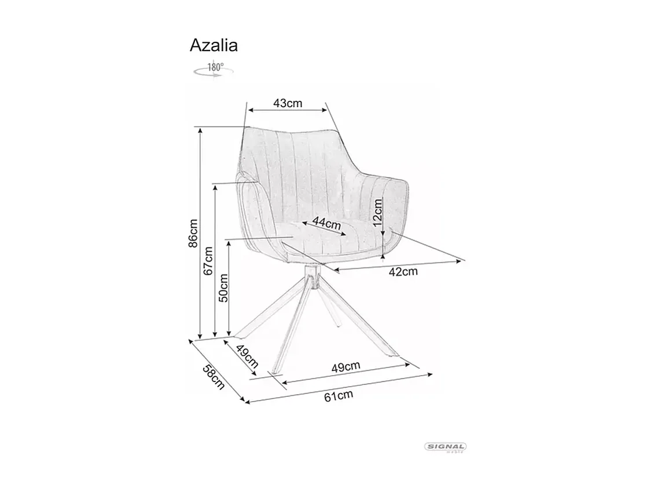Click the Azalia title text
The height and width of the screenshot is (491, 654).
[x=214, y=45]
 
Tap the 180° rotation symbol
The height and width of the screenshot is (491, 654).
[x=213, y=68]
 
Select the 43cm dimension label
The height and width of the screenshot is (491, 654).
[x=288, y=103]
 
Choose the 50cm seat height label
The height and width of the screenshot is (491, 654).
[x=223, y=288]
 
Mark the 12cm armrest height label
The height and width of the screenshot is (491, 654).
[x=377, y=213]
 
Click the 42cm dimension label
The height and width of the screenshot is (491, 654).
[x=403, y=271]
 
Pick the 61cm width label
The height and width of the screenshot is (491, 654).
[x=339, y=396]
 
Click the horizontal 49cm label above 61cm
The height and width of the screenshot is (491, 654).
[x=346, y=366]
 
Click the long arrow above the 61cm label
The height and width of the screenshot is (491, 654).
[x=339, y=387]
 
